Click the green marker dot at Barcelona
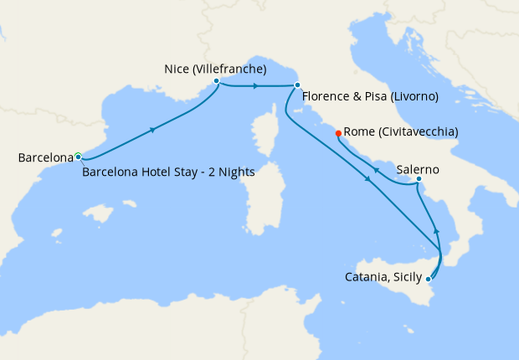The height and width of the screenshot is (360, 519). (78, 156)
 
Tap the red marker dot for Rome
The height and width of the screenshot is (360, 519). (338, 132)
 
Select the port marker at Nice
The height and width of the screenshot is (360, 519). (217, 81)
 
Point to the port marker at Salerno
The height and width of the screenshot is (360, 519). (419, 179)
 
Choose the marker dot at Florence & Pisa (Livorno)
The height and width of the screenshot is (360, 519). (297, 85)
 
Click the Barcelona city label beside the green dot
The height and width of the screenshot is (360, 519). (44, 157)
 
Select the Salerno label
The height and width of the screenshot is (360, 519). (418, 168)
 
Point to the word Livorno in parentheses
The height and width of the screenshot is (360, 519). (411, 97)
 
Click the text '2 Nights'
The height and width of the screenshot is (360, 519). (232, 172)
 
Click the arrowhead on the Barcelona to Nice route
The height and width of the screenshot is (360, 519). (152, 130)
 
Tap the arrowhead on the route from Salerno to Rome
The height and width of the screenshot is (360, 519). (376, 171)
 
